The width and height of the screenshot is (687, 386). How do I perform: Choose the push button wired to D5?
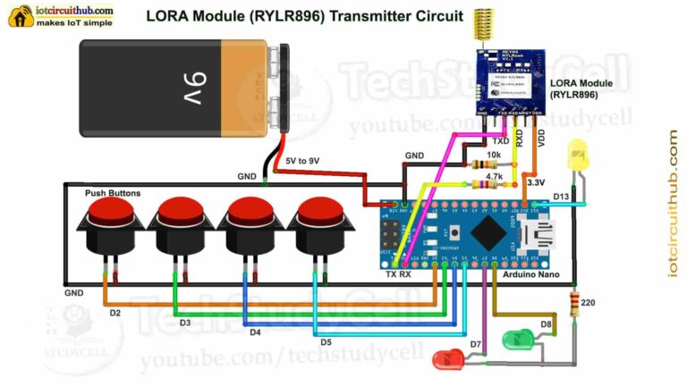tap(319, 223)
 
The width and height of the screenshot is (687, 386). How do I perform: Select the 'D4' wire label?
tap(255, 331)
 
